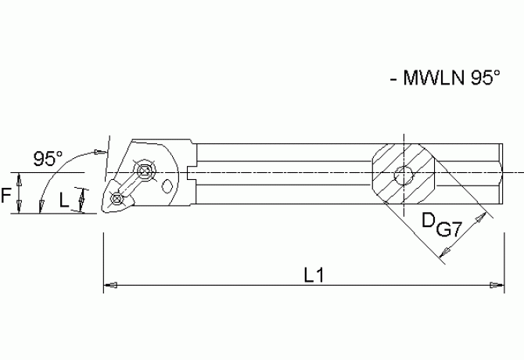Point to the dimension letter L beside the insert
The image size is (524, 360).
[64, 200]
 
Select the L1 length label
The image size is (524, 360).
[314, 275]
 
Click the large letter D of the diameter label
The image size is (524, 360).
[428, 221]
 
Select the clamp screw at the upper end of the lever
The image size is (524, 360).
[145, 171]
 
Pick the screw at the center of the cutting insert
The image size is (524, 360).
[117, 198]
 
